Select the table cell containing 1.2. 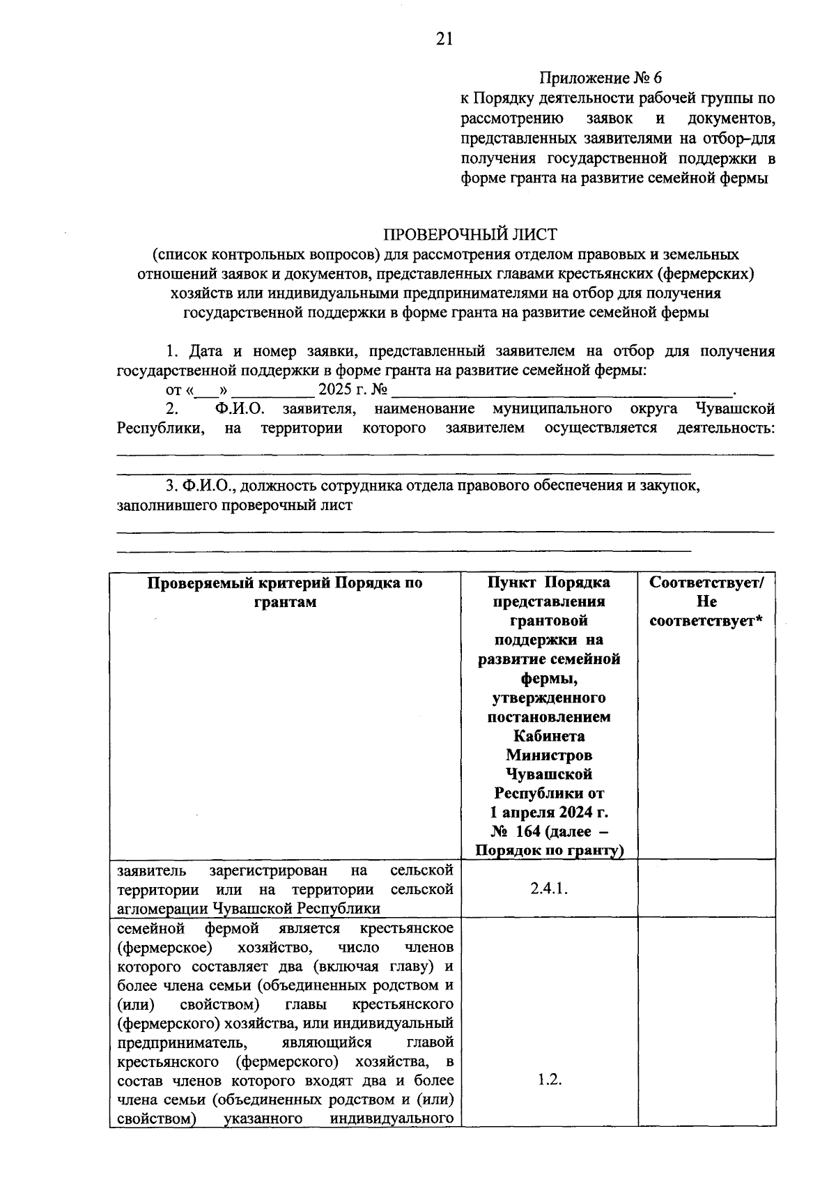pos(548,1079)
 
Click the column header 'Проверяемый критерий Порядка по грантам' pos(285,592)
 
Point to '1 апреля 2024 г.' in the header pos(548,813)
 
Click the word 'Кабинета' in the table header pos(548,736)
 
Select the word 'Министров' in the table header pos(548,755)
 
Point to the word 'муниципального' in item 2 pos(551,408)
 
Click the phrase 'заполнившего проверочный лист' pos(235,505)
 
